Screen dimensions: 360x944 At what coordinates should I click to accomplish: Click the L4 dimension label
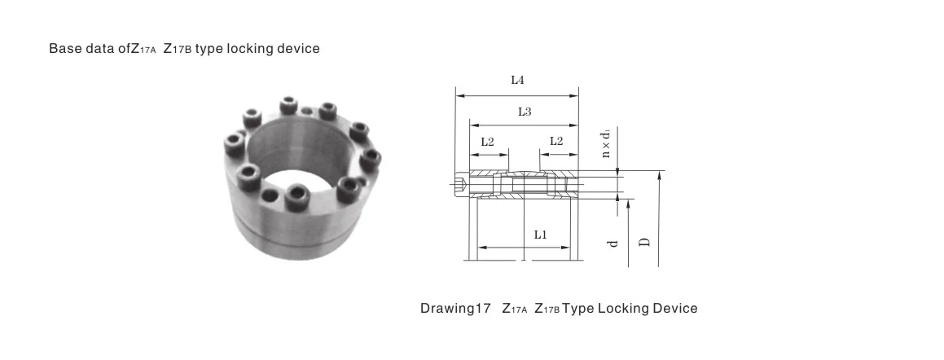[516, 81]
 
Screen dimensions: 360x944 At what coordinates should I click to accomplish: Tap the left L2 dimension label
[488, 141]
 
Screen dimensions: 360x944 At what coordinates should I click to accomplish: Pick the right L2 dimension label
[557, 141]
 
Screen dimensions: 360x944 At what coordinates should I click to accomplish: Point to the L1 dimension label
[540, 235]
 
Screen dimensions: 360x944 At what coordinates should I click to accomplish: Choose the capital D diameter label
[643, 242]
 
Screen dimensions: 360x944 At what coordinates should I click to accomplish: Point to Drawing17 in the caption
[455, 309]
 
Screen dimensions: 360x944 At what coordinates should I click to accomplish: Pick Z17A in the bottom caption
[516, 309]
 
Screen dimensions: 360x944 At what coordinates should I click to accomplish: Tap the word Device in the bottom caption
[675, 309]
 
